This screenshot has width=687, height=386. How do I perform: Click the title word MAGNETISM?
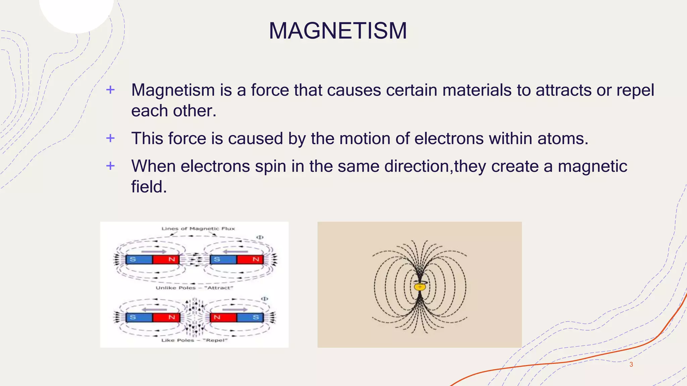pos(338,30)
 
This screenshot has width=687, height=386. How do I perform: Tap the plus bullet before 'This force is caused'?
pos(110,138)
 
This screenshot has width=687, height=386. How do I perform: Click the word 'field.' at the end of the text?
pos(149,187)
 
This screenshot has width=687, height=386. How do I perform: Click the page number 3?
pos(631,365)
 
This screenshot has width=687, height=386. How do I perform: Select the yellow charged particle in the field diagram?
pos(419,287)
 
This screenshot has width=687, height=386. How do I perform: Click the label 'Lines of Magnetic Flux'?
pos(198,229)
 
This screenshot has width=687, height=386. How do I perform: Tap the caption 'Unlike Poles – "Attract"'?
pos(194,288)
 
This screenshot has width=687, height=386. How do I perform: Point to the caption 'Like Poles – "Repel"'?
pos(194,340)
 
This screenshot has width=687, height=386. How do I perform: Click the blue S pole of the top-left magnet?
pos(139,259)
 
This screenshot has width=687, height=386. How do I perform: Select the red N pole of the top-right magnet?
pos(250,259)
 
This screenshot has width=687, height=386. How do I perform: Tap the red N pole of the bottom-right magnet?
pos(223,317)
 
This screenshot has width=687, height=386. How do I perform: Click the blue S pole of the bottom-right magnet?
pos(250,317)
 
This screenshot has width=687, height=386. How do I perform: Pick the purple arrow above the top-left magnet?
pos(154,251)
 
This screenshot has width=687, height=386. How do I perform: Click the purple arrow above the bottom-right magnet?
pos(235,310)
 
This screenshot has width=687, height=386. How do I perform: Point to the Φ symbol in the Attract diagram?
pos(260,237)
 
